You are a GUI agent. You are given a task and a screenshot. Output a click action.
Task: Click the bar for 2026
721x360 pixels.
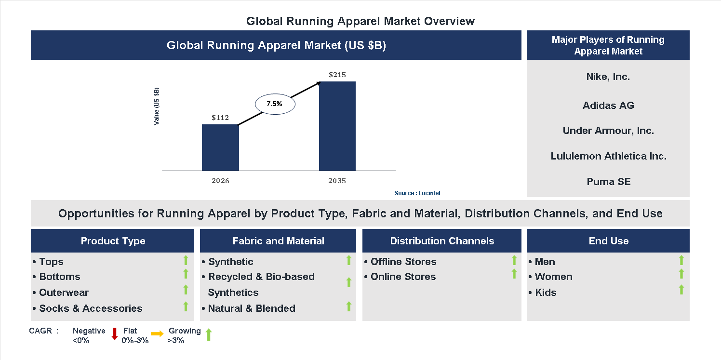(x=220, y=147)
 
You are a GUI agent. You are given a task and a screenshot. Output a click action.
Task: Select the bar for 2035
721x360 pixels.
(x=337, y=126)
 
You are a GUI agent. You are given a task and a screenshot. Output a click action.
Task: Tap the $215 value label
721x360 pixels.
(x=337, y=75)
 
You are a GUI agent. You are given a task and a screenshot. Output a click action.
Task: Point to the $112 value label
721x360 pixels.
(x=220, y=118)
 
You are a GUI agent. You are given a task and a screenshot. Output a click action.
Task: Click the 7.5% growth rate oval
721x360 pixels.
(x=274, y=104)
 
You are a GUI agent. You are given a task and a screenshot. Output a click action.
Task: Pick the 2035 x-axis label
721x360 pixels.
(x=337, y=181)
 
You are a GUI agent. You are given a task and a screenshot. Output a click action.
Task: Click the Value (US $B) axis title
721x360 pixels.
(x=157, y=107)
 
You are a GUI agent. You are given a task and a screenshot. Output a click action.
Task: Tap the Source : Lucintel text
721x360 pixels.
(x=417, y=193)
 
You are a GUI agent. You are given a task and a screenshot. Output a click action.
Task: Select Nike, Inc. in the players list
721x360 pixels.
(x=608, y=77)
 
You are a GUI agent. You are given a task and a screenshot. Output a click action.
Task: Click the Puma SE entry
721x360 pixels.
(x=608, y=182)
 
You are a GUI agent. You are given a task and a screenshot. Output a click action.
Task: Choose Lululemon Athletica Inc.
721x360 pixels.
(x=608, y=156)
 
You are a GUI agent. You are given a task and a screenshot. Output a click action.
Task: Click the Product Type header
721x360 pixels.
(x=113, y=241)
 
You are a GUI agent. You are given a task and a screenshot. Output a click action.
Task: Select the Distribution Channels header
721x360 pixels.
(x=442, y=241)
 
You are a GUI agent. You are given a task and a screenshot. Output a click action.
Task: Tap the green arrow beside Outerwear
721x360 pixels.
(x=186, y=290)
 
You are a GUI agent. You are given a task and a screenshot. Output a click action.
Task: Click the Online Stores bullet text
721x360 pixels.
(x=403, y=277)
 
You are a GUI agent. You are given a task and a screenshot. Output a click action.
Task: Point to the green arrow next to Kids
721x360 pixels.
(x=681, y=290)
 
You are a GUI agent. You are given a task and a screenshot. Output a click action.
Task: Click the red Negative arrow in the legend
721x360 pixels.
(x=115, y=333)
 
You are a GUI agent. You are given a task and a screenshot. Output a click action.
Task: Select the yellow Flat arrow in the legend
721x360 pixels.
(x=157, y=333)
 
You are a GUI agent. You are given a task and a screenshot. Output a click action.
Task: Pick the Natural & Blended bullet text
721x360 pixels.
(x=252, y=308)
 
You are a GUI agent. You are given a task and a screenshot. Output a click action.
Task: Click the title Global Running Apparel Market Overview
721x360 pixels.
(x=360, y=21)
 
